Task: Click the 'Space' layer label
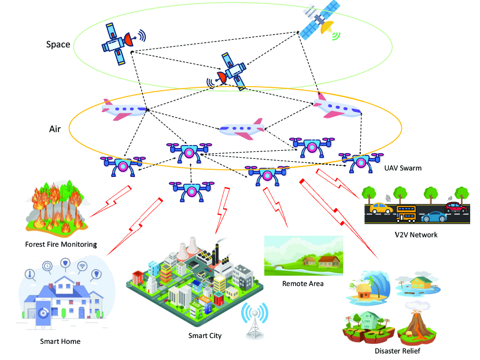point(58,44)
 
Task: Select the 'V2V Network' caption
point(416,235)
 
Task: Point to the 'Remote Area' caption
point(302,284)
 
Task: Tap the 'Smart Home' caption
point(60,341)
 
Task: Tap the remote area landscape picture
point(302,256)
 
